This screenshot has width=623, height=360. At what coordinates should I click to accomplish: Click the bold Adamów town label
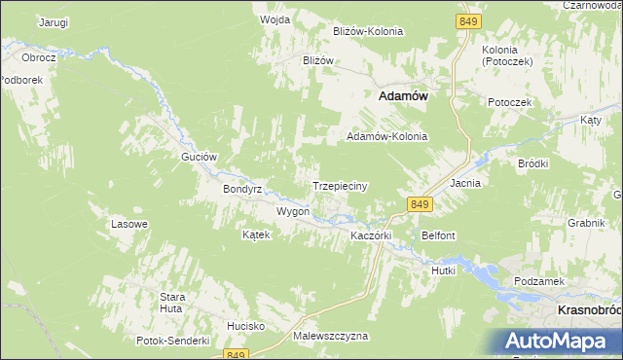point(403,96)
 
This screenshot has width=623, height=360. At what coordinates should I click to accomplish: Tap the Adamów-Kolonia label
point(387,136)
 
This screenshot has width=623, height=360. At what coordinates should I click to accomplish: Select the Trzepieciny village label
point(339,185)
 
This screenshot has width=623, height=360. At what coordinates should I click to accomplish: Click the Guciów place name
point(198,156)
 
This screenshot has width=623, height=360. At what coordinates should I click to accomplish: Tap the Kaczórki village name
point(370,235)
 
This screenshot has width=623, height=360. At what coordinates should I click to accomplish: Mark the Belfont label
point(439,235)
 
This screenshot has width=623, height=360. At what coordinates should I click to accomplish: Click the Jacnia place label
point(466,182)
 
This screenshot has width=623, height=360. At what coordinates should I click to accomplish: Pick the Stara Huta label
point(172,302)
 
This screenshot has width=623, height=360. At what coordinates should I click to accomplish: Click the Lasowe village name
point(129,224)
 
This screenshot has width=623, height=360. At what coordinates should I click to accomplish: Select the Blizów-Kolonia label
point(368,31)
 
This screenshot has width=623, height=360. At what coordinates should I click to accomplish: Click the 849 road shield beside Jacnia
point(420,203)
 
